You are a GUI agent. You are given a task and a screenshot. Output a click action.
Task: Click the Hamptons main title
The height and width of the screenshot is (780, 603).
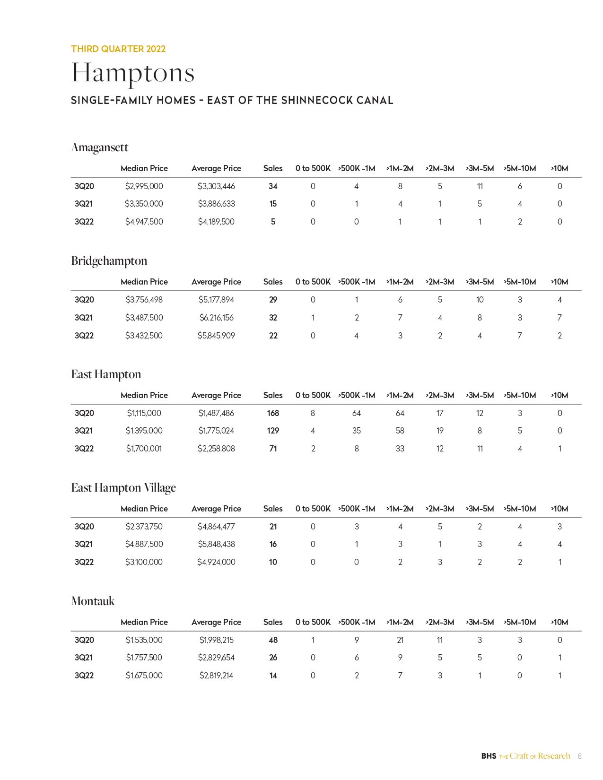click(x=133, y=73)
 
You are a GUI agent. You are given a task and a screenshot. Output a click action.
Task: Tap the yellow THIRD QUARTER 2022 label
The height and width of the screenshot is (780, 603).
click(x=118, y=49)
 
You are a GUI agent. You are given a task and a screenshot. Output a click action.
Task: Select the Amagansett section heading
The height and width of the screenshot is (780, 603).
click(x=100, y=147)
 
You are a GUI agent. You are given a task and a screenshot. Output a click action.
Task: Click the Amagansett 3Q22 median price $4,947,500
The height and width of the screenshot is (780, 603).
click(x=144, y=222)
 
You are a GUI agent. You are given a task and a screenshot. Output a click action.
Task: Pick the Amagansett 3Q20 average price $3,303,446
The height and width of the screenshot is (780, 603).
click(x=216, y=186)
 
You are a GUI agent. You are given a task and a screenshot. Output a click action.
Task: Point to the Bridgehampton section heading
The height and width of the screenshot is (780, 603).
click(x=109, y=261)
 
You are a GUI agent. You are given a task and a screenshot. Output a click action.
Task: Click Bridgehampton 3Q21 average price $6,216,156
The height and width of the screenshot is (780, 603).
click(x=216, y=318)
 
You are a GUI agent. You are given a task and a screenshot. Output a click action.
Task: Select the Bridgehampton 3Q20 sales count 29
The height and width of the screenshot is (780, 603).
click(x=273, y=300)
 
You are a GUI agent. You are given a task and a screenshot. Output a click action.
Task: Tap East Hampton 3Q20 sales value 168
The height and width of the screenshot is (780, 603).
click(x=273, y=413)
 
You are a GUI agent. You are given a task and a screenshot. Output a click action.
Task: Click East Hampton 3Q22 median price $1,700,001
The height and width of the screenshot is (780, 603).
click(x=144, y=449)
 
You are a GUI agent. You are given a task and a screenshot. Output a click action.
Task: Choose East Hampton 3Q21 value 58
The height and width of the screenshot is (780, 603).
click(x=400, y=431)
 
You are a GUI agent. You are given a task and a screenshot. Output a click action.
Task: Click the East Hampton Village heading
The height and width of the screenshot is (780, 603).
click(x=123, y=488)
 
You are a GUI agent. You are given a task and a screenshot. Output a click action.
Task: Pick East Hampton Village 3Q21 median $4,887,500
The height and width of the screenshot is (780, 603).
click(x=144, y=544)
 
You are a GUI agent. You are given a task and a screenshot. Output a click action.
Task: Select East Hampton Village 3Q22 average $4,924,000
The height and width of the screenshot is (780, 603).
click(x=216, y=562)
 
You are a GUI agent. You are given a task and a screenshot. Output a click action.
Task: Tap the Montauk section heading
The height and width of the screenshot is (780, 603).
click(x=93, y=601)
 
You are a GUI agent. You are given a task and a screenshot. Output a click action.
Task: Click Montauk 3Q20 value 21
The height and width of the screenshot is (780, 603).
click(x=400, y=640)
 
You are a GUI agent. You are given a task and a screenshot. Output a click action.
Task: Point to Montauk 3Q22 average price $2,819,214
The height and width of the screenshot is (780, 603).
click(x=216, y=676)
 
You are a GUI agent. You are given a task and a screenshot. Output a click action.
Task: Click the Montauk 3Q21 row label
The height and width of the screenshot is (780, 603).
click(x=84, y=658)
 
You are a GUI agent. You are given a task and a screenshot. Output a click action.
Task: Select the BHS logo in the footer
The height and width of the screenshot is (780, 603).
click(x=489, y=756)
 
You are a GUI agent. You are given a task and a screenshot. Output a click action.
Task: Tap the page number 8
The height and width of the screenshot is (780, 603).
click(x=580, y=756)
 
